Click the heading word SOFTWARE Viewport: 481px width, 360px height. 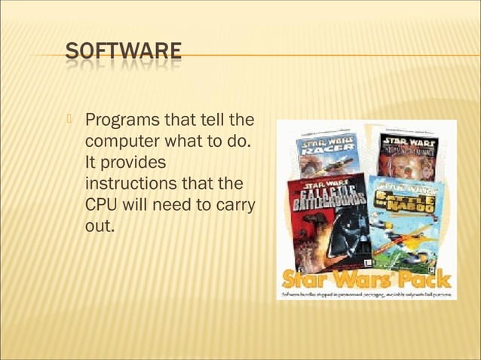click(x=123, y=52)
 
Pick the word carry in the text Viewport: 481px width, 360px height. click(x=235, y=204)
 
